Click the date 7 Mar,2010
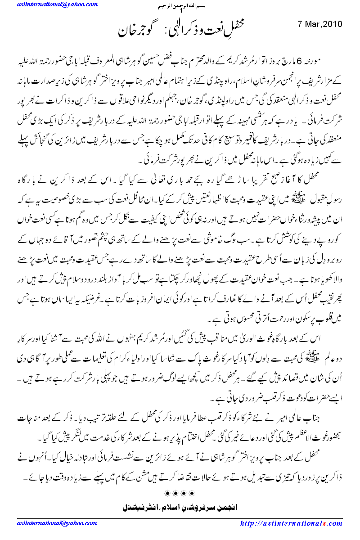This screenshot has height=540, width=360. point(320,23)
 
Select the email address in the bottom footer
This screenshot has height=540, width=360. point(53,523)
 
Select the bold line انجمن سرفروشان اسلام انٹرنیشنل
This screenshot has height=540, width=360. point(180,508)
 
